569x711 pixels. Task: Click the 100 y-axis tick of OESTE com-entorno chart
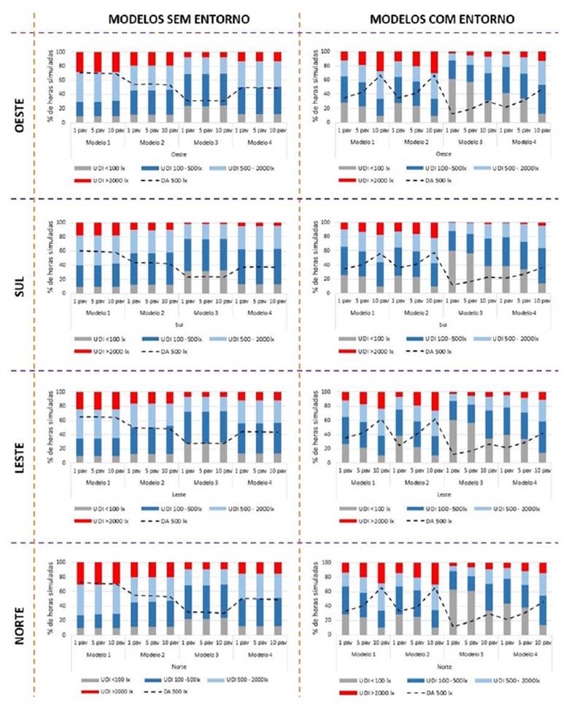click(x=325, y=53)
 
